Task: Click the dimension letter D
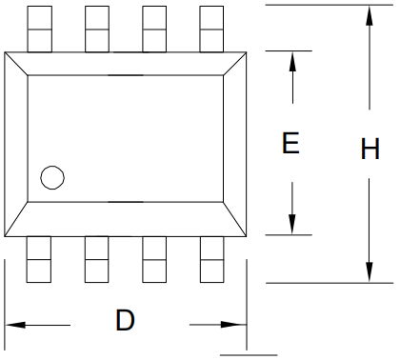point(125,320)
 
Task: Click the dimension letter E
point(291,144)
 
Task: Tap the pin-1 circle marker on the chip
point(51,177)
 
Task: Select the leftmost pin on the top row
point(38,28)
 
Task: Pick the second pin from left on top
point(96,28)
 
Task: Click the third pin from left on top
point(154,28)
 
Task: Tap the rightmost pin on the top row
point(212,28)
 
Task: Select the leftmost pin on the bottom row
point(38,260)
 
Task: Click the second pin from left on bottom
point(96,260)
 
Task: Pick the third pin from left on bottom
point(154,260)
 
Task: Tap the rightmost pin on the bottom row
point(212,260)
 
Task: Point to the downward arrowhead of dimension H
point(370,271)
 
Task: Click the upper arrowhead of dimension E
point(292,59)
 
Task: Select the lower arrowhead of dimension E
point(292,224)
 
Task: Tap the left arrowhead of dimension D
point(16,326)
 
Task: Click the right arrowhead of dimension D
point(237,326)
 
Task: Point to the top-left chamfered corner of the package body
point(16,61)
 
